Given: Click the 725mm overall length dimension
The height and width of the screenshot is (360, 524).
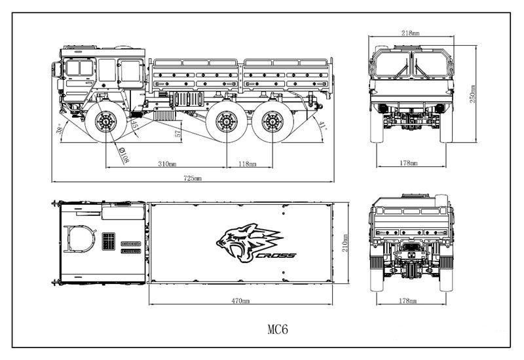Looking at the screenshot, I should [193, 177].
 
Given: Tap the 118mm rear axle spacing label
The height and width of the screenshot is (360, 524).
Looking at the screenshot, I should [247, 163].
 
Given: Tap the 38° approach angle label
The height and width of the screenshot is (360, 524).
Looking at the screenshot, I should [60, 128].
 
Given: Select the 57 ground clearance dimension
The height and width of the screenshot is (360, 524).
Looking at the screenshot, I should [177, 134].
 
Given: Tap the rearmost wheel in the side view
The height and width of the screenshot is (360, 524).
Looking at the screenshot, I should [269, 122].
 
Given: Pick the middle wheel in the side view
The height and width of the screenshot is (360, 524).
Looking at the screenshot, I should [226, 122].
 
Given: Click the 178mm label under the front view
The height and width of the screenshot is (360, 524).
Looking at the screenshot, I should [411, 163].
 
